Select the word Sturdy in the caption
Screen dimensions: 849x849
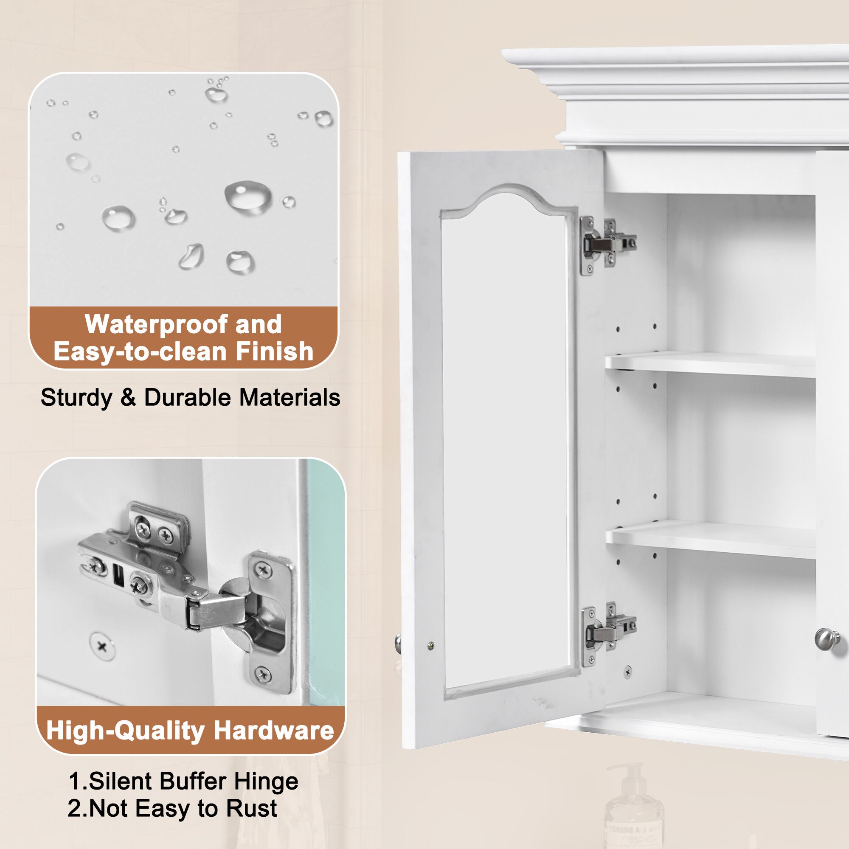tap(76, 398)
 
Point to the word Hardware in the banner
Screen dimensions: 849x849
tap(274, 731)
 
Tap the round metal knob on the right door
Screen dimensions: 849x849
tap(826, 639)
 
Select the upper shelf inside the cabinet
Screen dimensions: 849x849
tap(710, 364)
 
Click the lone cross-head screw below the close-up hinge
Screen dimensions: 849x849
tap(102, 647)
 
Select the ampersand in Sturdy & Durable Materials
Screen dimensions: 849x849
tap(128, 398)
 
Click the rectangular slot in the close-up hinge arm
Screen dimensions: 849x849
tap(118, 576)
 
